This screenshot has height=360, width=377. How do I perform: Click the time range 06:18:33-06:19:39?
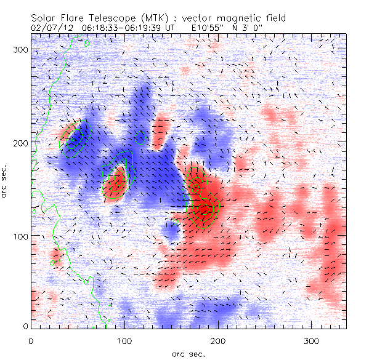113,28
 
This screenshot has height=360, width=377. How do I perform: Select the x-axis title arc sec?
188,353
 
